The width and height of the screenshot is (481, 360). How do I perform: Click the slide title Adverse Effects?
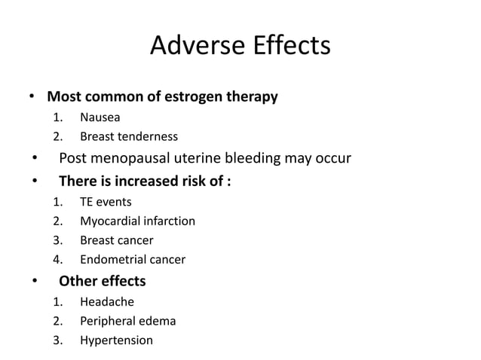point(240,45)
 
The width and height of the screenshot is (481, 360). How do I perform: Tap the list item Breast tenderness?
point(129,136)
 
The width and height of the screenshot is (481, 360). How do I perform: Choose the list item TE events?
point(106,201)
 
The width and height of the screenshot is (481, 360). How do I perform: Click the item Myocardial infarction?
point(137,221)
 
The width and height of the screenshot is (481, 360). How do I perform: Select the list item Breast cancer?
point(116,240)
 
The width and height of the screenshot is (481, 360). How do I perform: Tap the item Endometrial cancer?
point(133,260)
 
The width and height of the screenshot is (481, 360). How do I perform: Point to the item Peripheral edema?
point(127,321)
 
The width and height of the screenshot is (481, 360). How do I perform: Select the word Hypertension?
point(116,340)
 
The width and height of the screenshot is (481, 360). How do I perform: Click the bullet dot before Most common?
point(32,98)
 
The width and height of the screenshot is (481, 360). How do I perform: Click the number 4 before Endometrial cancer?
point(57,260)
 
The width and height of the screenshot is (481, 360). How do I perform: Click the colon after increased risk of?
point(228,181)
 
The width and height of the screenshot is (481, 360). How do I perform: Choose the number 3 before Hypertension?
point(57,340)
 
